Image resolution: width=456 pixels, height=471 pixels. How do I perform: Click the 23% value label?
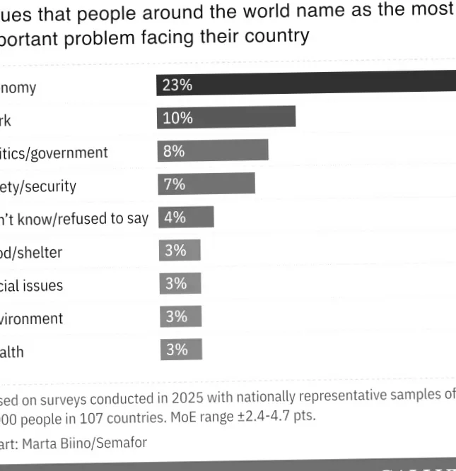[x=177, y=85]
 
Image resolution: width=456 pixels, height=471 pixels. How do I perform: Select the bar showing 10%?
[x=226, y=117]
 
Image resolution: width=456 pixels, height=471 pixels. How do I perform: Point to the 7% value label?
[x=174, y=184]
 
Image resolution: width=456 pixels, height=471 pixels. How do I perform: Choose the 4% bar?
[x=186, y=217]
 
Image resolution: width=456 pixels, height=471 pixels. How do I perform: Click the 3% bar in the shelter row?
[x=180, y=250]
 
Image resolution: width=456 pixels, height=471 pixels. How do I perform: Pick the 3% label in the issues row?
[x=176, y=283]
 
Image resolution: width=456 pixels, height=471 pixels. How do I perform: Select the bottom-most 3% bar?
[x=181, y=350]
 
